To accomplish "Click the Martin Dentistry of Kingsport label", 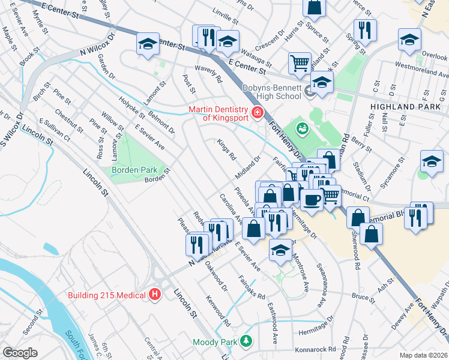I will [218, 113].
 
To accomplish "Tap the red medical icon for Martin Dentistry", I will [258, 112].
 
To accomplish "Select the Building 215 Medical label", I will [106, 295].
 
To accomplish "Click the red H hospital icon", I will [155, 294].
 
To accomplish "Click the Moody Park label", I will [214, 342].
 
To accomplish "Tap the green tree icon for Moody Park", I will [245, 341].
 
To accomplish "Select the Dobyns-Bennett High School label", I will [271, 92].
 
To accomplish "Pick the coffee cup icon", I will [311, 199].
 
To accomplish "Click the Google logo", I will [20, 353].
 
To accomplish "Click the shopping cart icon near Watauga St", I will [299, 62].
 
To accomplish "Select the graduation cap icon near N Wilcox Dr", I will [147, 44].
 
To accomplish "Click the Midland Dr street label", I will [247, 167].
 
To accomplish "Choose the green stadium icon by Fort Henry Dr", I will [303, 128].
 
